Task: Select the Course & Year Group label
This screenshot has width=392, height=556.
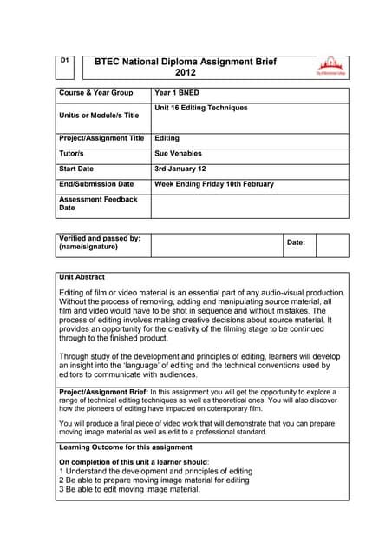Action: coord(95,91)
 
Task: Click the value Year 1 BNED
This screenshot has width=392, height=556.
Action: coord(182,91)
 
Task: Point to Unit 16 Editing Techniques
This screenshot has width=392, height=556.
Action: coord(200,108)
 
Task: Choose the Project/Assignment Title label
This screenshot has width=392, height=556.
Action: coord(101,137)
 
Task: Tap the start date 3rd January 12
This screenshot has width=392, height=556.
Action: coord(186,169)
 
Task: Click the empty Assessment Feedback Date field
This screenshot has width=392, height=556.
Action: coord(250,205)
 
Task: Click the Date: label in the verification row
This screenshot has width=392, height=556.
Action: coord(296,242)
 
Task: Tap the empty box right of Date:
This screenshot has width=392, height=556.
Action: coord(331,244)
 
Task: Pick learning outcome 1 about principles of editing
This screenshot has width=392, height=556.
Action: coord(155,472)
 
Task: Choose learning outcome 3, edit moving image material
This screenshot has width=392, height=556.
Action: coord(129,489)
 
